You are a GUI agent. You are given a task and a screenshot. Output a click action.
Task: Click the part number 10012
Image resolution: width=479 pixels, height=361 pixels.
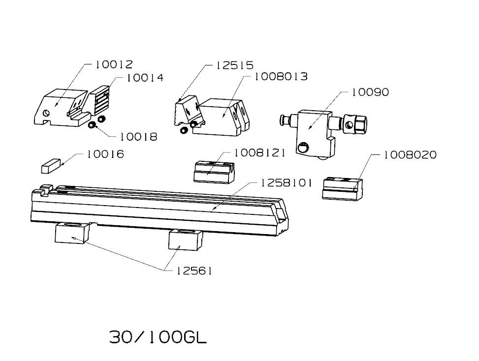pyautogui.click(x=114, y=64)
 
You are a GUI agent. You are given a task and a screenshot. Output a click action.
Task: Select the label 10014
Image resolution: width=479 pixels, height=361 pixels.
pyautogui.click(x=145, y=78)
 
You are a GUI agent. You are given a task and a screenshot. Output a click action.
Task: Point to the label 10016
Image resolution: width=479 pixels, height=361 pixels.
pyautogui.click(x=105, y=154)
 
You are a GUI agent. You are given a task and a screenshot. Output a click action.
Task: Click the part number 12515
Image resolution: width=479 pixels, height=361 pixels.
pyautogui.click(x=235, y=65)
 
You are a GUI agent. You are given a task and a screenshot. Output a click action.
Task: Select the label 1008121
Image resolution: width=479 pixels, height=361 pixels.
pyautogui.click(x=259, y=153)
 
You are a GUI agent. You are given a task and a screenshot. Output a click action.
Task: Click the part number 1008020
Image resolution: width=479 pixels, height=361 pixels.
pyautogui.click(x=410, y=155)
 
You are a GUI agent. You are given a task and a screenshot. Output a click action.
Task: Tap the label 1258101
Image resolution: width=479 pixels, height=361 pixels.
pyautogui.click(x=287, y=183)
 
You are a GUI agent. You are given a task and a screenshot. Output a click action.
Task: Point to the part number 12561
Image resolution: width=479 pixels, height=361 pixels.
pyautogui.click(x=194, y=271)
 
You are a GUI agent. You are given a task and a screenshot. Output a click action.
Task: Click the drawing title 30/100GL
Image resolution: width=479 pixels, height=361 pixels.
pyautogui.click(x=158, y=337)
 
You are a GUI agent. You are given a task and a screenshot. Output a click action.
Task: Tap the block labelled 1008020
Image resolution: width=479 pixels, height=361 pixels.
pyautogui.click(x=343, y=188)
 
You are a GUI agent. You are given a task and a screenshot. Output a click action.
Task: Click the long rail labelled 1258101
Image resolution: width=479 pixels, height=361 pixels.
pyautogui.click(x=158, y=209)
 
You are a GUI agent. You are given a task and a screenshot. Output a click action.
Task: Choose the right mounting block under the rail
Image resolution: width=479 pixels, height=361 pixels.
pyautogui.click(x=185, y=240)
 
